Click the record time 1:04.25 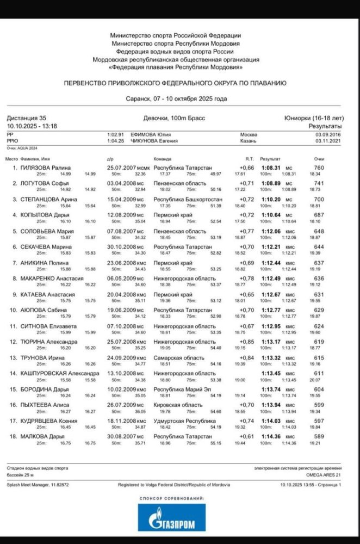(115, 140)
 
